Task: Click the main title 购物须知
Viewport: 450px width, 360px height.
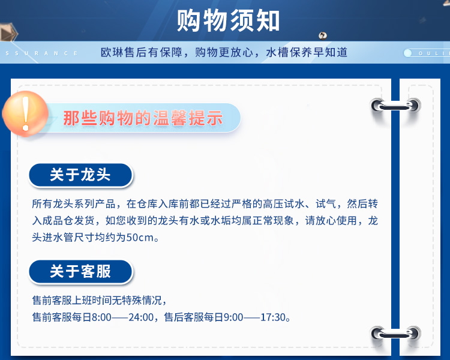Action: click(x=228, y=20)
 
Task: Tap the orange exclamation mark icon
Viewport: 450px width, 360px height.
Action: click(x=25, y=113)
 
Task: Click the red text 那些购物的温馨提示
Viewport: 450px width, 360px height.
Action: click(x=143, y=118)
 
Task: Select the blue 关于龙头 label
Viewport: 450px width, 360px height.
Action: click(x=80, y=175)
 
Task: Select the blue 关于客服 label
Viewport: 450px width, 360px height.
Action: click(x=80, y=271)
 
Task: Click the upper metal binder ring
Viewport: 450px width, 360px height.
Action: click(x=395, y=106)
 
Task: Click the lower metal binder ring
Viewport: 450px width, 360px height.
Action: click(x=395, y=334)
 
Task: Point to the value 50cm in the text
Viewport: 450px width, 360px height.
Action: click(x=140, y=238)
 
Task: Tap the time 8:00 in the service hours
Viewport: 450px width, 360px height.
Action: click(x=101, y=317)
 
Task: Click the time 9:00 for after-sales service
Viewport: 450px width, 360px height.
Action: click(x=233, y=317)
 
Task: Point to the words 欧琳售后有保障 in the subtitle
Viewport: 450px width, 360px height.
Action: click(x=142, y=53)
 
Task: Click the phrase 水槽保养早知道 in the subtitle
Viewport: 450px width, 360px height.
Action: click(x=307, y=53)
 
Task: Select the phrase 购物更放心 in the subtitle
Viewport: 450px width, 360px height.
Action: click(x=224, y=53)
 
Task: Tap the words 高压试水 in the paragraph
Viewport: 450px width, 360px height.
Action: click(x=284, y=204)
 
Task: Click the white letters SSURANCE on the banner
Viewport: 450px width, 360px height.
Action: click(x=41, y=53)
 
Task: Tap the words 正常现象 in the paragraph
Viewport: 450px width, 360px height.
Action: click(x=273, y=220)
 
